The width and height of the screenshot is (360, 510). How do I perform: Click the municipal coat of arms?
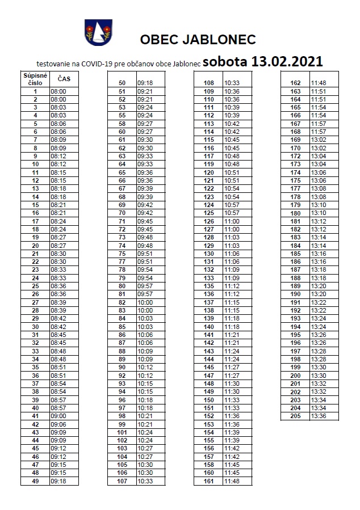98,32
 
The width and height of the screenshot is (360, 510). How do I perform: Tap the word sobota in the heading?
223,61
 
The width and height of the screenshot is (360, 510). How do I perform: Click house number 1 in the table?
35,91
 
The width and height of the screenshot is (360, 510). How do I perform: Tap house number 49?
35,481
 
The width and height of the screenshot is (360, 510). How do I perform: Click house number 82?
122,302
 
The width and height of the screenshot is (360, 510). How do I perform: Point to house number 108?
208,83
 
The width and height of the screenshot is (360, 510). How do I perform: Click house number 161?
208,481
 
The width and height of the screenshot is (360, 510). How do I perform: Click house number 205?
295,416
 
